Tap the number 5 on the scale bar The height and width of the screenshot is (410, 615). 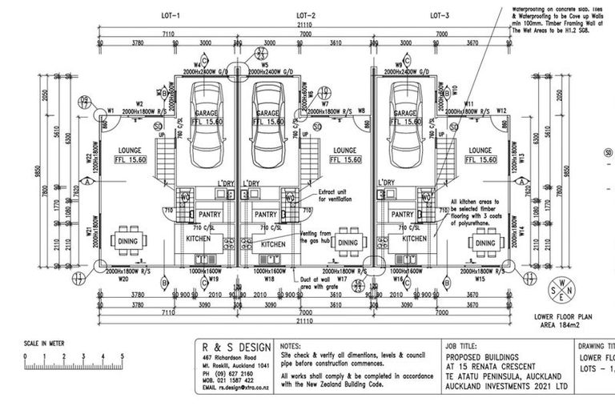click(x=121, y=355)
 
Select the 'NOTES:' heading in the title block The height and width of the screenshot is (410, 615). click(x=291, y=345)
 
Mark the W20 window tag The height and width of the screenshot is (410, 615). click(x=123, y=280)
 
